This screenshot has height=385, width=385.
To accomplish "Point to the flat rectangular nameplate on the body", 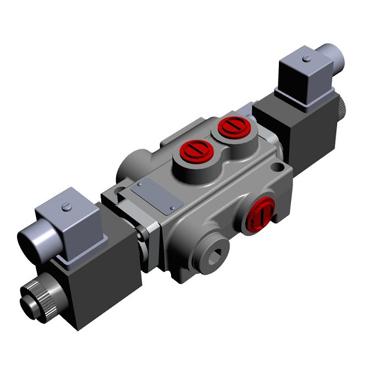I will click(157, 195).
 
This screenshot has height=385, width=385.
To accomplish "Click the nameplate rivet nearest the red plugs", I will click(173, 207).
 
